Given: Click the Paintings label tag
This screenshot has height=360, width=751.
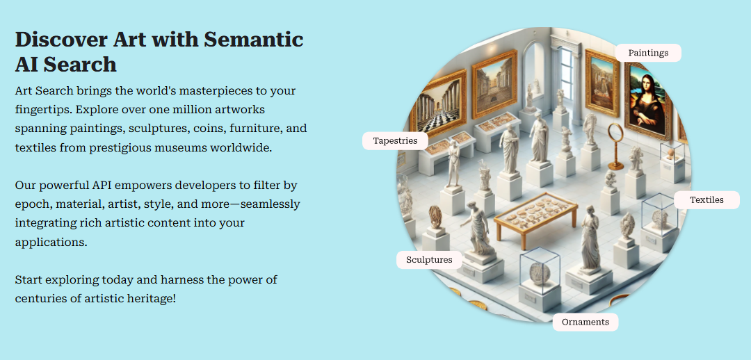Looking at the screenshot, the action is (648, 53).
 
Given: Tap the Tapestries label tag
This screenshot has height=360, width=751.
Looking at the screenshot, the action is (395, 141).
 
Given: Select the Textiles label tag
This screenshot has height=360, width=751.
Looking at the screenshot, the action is (706, 200).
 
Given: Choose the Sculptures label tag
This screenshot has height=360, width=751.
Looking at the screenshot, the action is (429, 260).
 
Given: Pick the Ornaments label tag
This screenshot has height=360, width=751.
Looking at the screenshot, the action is (586, 322).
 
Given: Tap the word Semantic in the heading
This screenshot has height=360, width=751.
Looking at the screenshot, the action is (254, 39).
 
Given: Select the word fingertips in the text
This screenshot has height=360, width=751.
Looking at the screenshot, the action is (43, 110).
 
